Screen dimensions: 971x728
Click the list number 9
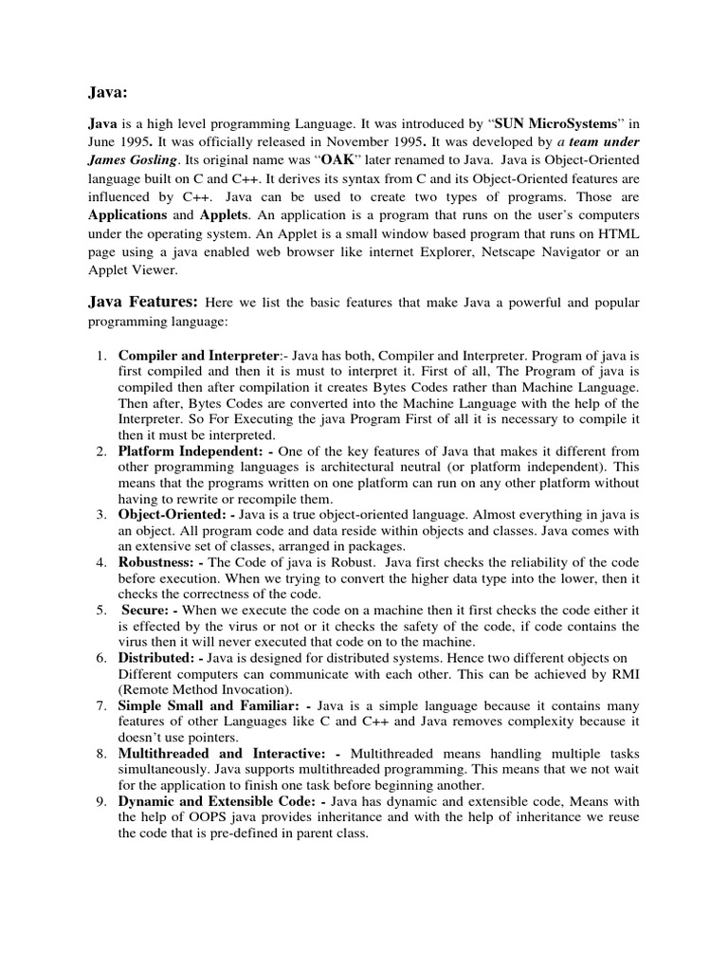(x=101, y=801)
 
